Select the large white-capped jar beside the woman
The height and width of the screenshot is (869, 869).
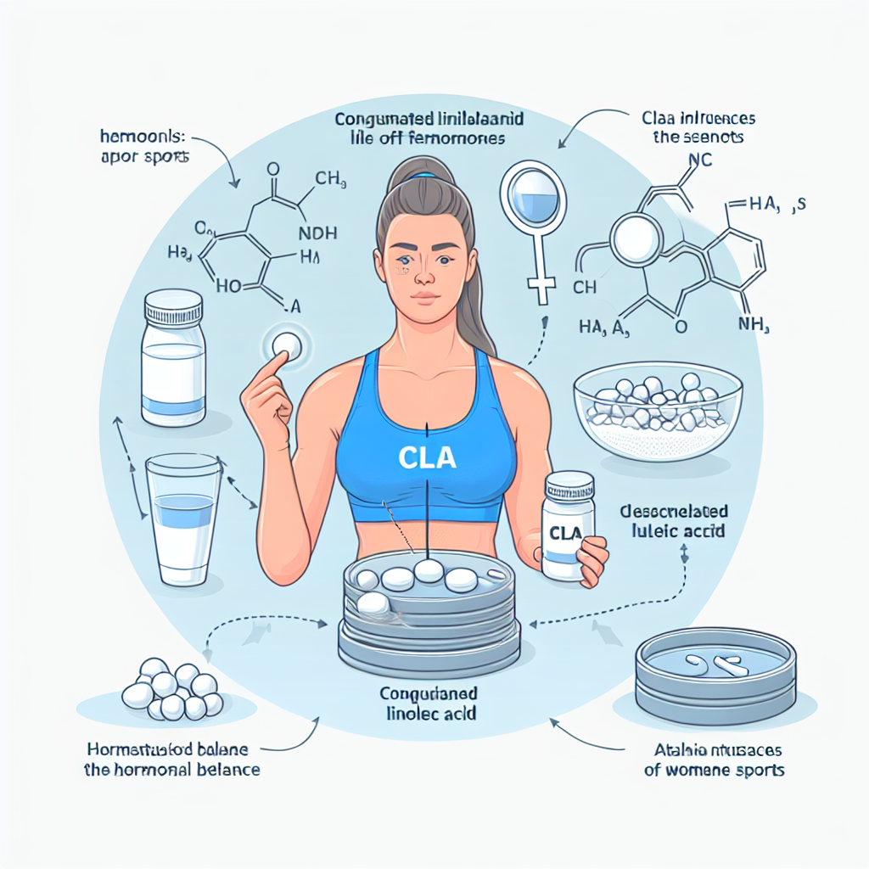[x=174, y=356]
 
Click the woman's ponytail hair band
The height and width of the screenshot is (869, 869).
[x=423, y=177]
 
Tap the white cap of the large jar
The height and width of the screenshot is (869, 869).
[x=173, y=302]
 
